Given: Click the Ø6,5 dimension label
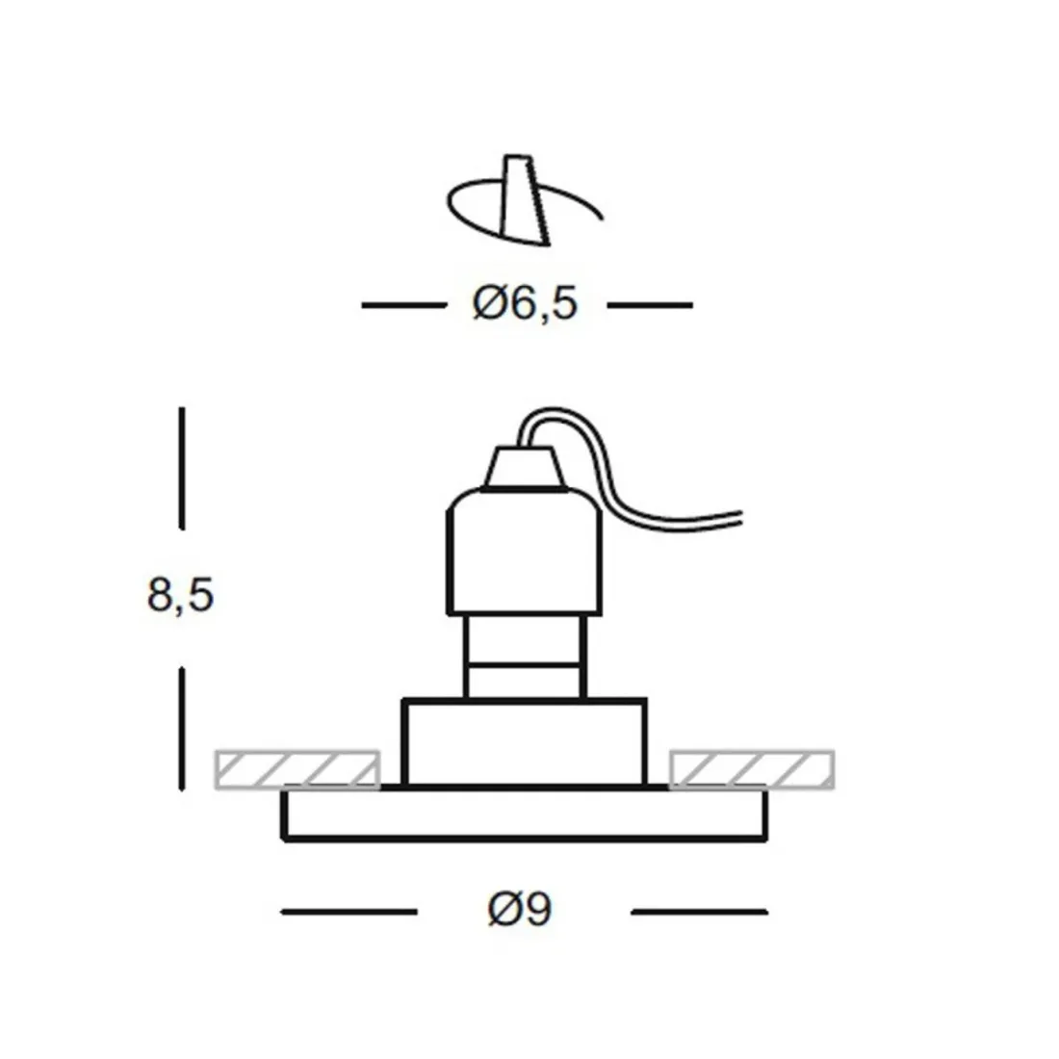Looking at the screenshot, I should [x=525, y=304].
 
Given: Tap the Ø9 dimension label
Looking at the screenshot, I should [x=520, y=909].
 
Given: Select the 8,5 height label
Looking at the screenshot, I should [x=180, y=596].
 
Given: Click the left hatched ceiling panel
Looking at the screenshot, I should [x=297, y=768].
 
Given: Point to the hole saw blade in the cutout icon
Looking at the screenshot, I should [x=523, y=197].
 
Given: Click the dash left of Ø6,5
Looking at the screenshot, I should [x=403, y=305].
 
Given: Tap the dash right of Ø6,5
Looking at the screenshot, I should [x=650, y=305].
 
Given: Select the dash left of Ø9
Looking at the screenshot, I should [x=349, y=910].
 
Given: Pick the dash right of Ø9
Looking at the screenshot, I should [x=699, y=910].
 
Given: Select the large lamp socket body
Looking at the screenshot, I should [x=525, y=554].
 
